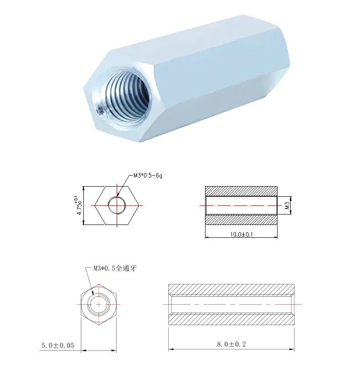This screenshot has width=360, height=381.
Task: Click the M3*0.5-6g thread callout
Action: pyautogui.click(x=148, y=175)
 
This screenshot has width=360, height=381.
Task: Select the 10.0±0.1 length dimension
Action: pyautogui.click(x=242, y=235)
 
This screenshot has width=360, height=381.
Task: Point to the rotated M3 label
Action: pyautogui.click(x=287, y=205)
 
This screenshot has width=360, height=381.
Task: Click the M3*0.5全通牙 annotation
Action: pyautogui.click(x=115, y=268)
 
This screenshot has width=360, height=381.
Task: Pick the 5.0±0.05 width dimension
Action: pyautogui.click(x=57, y=345)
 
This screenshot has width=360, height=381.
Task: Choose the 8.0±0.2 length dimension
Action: pyautogui.click(x=231, y=344)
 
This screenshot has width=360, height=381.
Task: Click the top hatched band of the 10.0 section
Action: pyautogui.click(x=242, y=191)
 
